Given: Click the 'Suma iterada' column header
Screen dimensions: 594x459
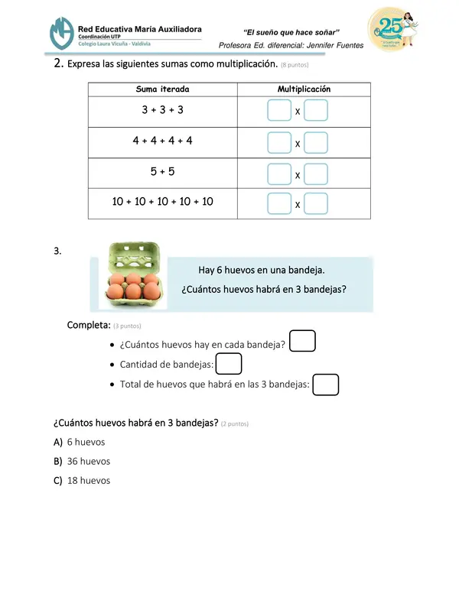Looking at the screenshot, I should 162,89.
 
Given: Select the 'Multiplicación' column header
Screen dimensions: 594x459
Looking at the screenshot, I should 304,89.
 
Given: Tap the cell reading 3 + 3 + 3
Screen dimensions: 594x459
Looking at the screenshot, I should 162,110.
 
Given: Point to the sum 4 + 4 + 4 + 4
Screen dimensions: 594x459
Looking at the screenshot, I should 162,141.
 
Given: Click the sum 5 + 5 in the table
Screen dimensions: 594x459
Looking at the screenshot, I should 162,171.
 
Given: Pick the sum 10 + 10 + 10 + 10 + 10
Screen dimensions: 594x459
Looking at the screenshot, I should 162,202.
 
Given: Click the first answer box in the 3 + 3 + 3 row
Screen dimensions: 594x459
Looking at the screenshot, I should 279,112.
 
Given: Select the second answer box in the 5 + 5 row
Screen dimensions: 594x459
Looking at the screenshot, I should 316,174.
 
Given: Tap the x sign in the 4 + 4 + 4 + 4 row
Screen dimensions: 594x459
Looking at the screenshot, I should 298,144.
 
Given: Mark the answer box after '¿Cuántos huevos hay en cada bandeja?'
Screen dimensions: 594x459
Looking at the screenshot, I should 303,341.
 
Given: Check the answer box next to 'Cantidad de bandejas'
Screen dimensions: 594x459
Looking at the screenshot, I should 229,364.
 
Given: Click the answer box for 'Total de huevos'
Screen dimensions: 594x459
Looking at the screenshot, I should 326,384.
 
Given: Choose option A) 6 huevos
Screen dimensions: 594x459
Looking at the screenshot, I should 80,442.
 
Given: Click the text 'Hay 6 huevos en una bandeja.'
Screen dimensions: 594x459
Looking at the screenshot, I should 262,269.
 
